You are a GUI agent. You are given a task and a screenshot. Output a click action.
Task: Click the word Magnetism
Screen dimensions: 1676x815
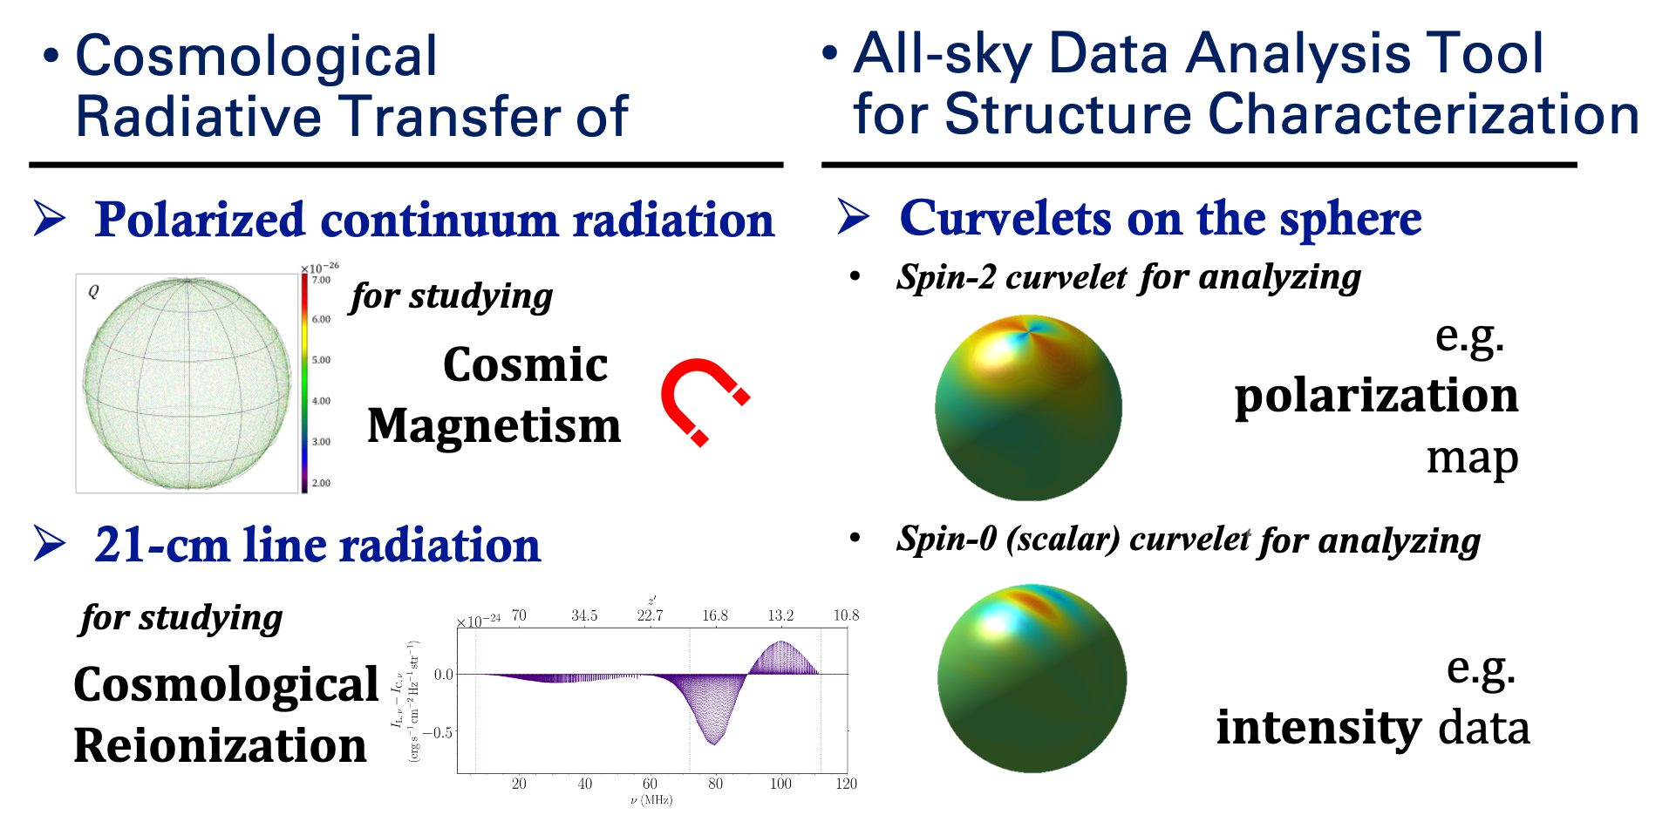494,427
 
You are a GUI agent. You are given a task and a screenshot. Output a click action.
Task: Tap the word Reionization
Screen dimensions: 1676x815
221,746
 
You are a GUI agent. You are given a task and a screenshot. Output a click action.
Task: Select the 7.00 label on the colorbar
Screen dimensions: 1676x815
322,280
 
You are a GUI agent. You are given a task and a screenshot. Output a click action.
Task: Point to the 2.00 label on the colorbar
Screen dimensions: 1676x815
322,483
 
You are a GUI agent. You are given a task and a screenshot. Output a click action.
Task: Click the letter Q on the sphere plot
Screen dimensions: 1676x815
93,292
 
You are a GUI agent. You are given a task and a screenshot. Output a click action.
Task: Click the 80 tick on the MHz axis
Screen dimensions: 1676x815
715,784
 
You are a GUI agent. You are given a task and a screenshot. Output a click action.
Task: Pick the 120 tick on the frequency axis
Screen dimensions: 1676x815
846,784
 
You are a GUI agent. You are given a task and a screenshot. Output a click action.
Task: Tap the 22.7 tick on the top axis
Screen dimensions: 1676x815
650,615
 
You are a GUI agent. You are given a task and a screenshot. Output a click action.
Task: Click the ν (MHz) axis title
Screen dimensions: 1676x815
651,800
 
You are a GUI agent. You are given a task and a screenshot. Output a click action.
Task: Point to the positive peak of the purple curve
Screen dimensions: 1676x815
781,642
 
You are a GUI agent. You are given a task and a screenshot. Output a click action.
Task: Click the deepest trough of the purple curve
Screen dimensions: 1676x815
714,743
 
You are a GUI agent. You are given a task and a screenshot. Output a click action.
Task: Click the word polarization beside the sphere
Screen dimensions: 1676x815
1376,397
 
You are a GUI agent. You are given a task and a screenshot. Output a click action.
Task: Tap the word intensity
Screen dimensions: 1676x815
1319,729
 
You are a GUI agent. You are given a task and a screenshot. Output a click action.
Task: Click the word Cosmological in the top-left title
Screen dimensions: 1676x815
256,56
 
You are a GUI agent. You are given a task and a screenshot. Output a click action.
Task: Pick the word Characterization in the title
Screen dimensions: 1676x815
1423,115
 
